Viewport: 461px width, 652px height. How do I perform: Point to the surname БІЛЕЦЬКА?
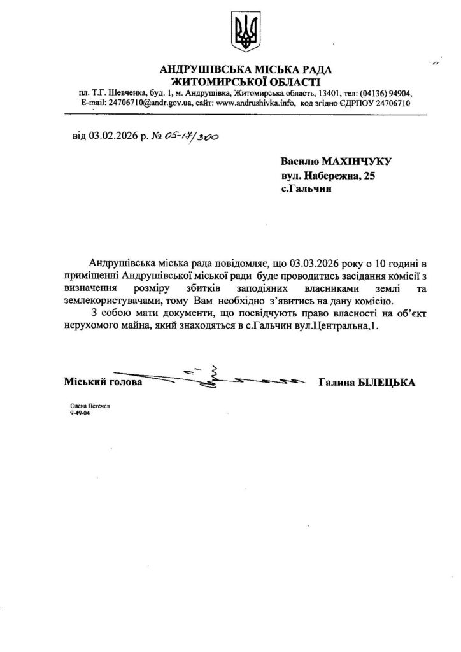point(385,383)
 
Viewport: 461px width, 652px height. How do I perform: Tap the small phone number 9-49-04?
point(80,413)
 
